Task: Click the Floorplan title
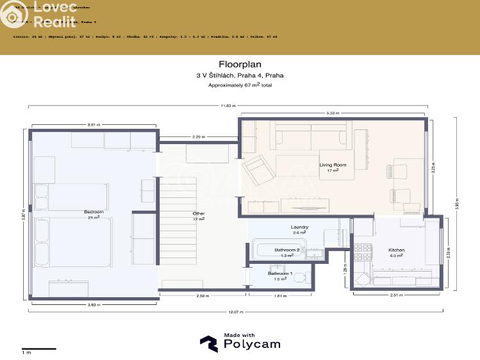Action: (240, 64)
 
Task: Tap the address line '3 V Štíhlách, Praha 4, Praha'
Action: (240, 75)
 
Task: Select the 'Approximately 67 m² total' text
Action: (240, 85)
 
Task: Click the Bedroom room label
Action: (93, 212)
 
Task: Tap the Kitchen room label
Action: (396, 250)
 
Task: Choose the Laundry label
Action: (299, 227)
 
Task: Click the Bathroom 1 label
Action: (279, 274)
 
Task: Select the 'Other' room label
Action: (199, 213)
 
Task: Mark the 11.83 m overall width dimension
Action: (228, 106)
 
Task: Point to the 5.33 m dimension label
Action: (333, 113)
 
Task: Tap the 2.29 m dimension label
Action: (199, 136)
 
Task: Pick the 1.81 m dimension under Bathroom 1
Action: (280, 296)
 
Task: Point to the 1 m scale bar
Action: (39, 348)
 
